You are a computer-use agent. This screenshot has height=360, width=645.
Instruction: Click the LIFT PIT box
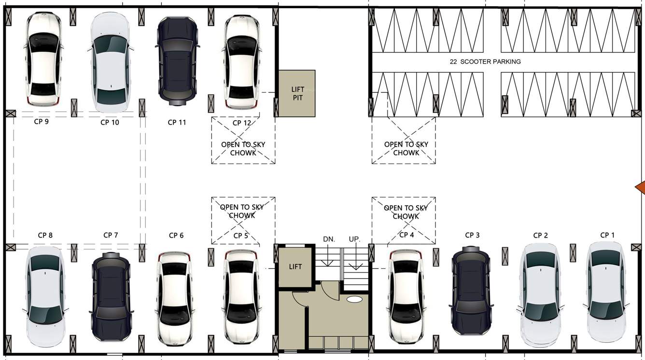point(297,93)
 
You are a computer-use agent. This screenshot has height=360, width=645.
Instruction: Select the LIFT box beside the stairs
point(295,266)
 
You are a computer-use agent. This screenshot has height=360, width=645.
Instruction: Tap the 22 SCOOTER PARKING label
point(485,62)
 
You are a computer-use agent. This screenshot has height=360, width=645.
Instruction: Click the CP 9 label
point(41,122)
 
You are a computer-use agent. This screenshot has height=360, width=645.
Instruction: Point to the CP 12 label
point(242,123)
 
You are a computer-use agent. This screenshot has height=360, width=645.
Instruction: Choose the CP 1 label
point(607,235)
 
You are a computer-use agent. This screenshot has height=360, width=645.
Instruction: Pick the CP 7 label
point(111,235)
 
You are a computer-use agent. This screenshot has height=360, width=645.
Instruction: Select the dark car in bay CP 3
point(471,291)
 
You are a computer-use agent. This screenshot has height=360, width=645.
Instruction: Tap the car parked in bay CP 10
point(111,59)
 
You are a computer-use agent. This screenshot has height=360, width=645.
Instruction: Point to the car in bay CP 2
point(540,294)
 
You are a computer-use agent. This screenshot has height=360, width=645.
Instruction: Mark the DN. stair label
point(329,239)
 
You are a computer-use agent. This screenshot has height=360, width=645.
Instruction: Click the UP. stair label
point(354,239)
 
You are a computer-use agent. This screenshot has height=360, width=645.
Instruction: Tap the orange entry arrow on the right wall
point(640,187)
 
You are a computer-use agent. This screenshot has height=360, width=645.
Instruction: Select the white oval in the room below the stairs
point(354,299)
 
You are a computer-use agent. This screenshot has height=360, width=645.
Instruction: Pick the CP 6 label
point(176,235)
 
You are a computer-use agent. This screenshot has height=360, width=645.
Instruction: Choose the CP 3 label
point(472,235)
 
